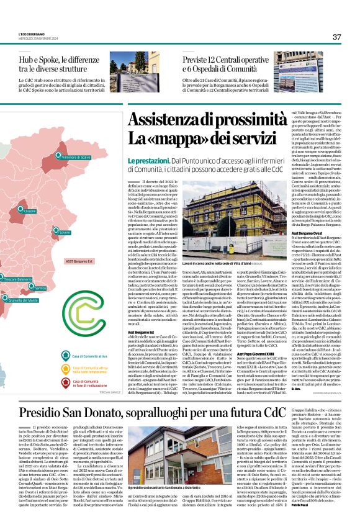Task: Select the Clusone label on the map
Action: pyautogui.click(x=29, y=211)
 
